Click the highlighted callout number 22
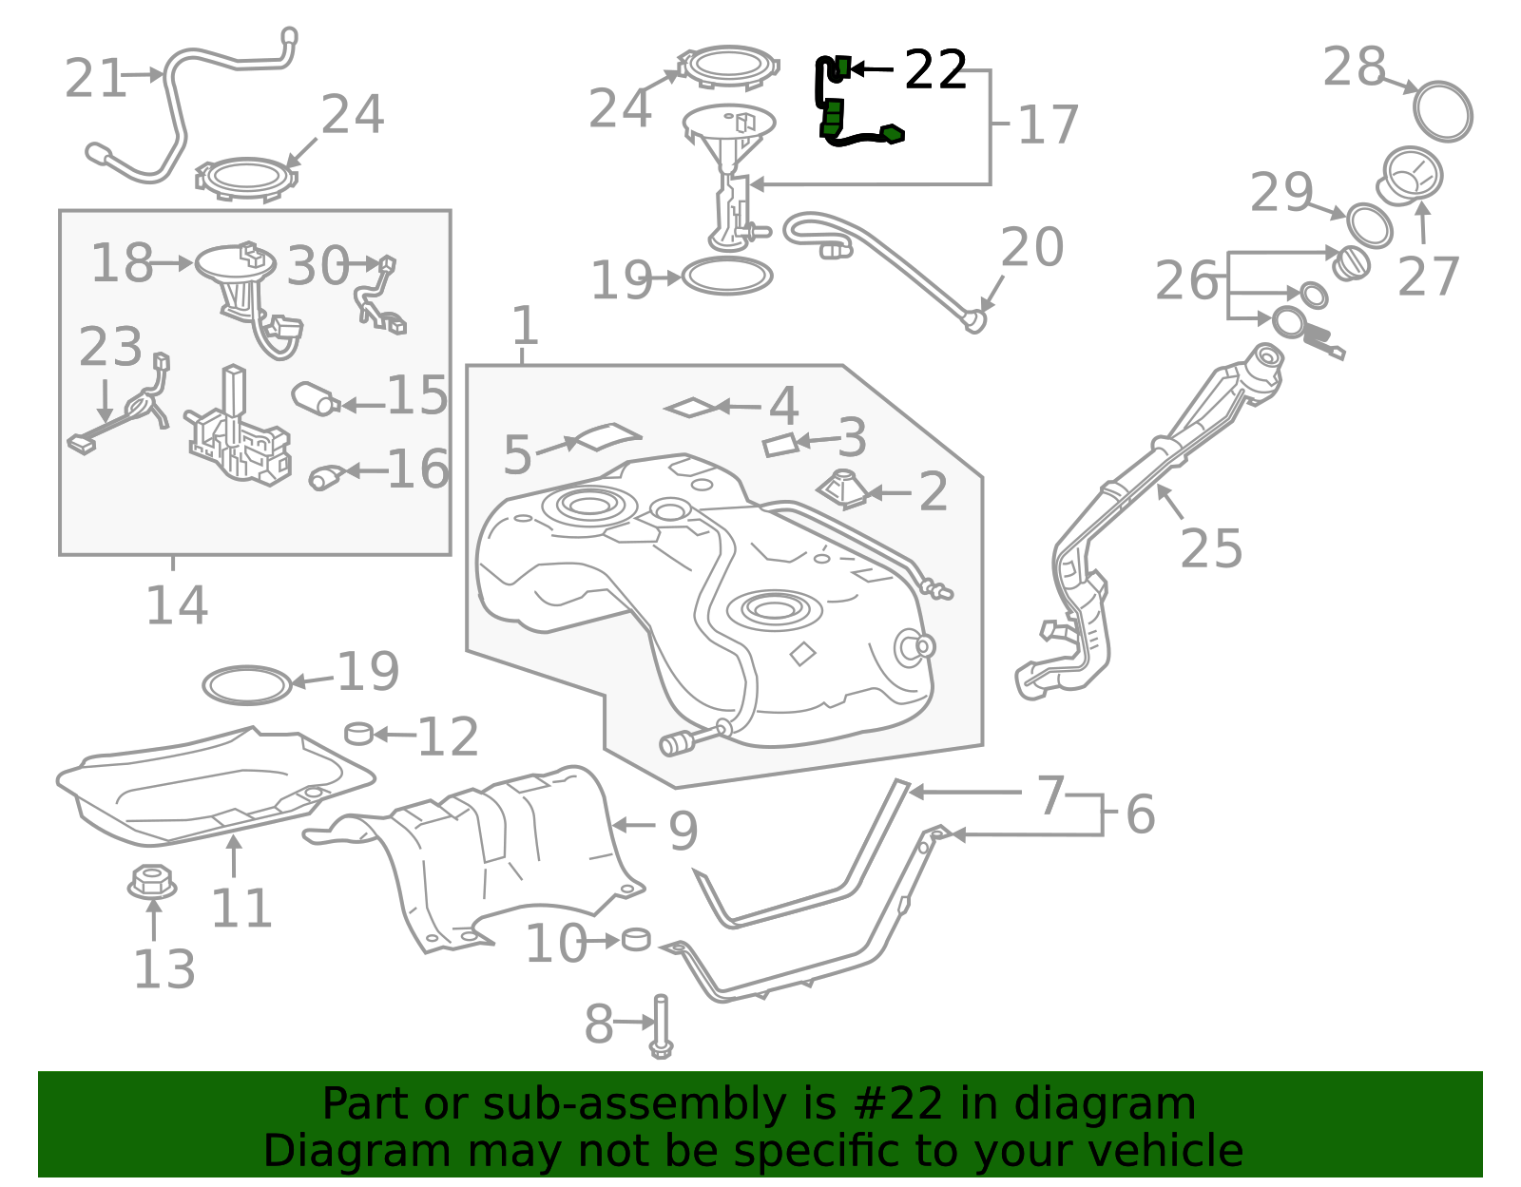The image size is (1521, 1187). coord(935,70)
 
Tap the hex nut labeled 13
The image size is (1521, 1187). coord(152,882)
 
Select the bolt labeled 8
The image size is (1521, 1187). coord(661,1026)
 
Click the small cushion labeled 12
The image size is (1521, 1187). coord(359,733)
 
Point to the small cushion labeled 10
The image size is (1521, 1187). coord(636,939)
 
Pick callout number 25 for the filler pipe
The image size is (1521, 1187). coord(1210,548)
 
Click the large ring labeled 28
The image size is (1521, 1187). coord(1442,111)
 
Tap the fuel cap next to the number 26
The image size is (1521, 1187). coord(1351,263)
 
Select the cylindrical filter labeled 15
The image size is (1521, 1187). coord(315,398)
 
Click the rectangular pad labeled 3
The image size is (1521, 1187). coord(780,445)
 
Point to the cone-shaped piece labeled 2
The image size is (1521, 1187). coord(842,488)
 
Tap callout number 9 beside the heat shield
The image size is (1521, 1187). coord(683,831)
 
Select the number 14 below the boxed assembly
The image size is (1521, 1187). coord(177,605)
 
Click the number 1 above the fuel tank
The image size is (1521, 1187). coord(525,326)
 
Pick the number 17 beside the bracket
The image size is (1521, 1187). coord(1048,124)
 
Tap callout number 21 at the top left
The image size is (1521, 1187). coord(95,78)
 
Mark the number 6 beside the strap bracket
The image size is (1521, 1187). coord(1140,814)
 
